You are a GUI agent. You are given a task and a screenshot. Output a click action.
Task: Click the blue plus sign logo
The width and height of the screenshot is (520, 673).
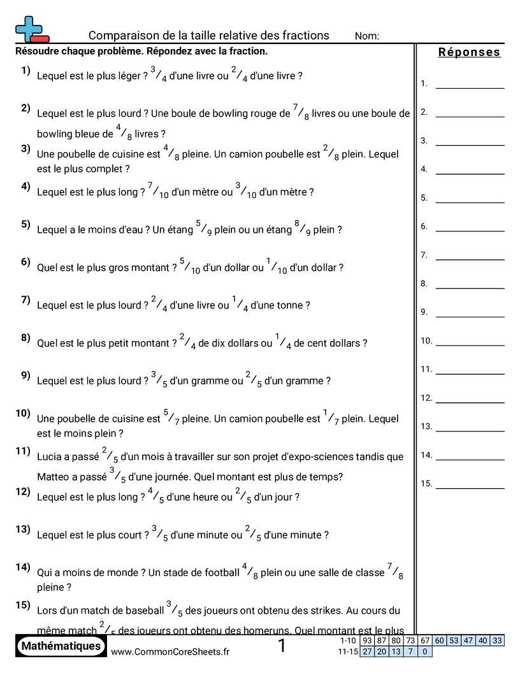29,29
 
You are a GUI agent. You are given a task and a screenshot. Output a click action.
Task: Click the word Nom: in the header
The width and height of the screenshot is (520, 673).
367,36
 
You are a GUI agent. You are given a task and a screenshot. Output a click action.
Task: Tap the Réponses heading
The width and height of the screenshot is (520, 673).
469,52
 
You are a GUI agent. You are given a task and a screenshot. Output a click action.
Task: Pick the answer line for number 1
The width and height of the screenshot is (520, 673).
470,87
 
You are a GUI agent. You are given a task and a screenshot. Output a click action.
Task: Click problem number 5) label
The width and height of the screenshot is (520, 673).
25,224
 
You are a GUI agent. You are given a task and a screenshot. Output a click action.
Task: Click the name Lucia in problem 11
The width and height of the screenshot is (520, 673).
50,457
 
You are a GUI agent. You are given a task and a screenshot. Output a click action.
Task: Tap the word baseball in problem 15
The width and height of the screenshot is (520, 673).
143,611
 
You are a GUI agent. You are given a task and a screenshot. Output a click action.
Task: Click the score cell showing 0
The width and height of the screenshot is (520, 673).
425,651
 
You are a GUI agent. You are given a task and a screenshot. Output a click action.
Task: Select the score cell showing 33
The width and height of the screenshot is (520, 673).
497,640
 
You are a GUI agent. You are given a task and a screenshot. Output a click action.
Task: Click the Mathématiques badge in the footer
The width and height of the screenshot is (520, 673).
61,646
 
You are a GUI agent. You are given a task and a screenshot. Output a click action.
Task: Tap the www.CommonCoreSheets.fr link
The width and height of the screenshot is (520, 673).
170,651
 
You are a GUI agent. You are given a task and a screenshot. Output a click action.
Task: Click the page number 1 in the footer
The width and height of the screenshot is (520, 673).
282,646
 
